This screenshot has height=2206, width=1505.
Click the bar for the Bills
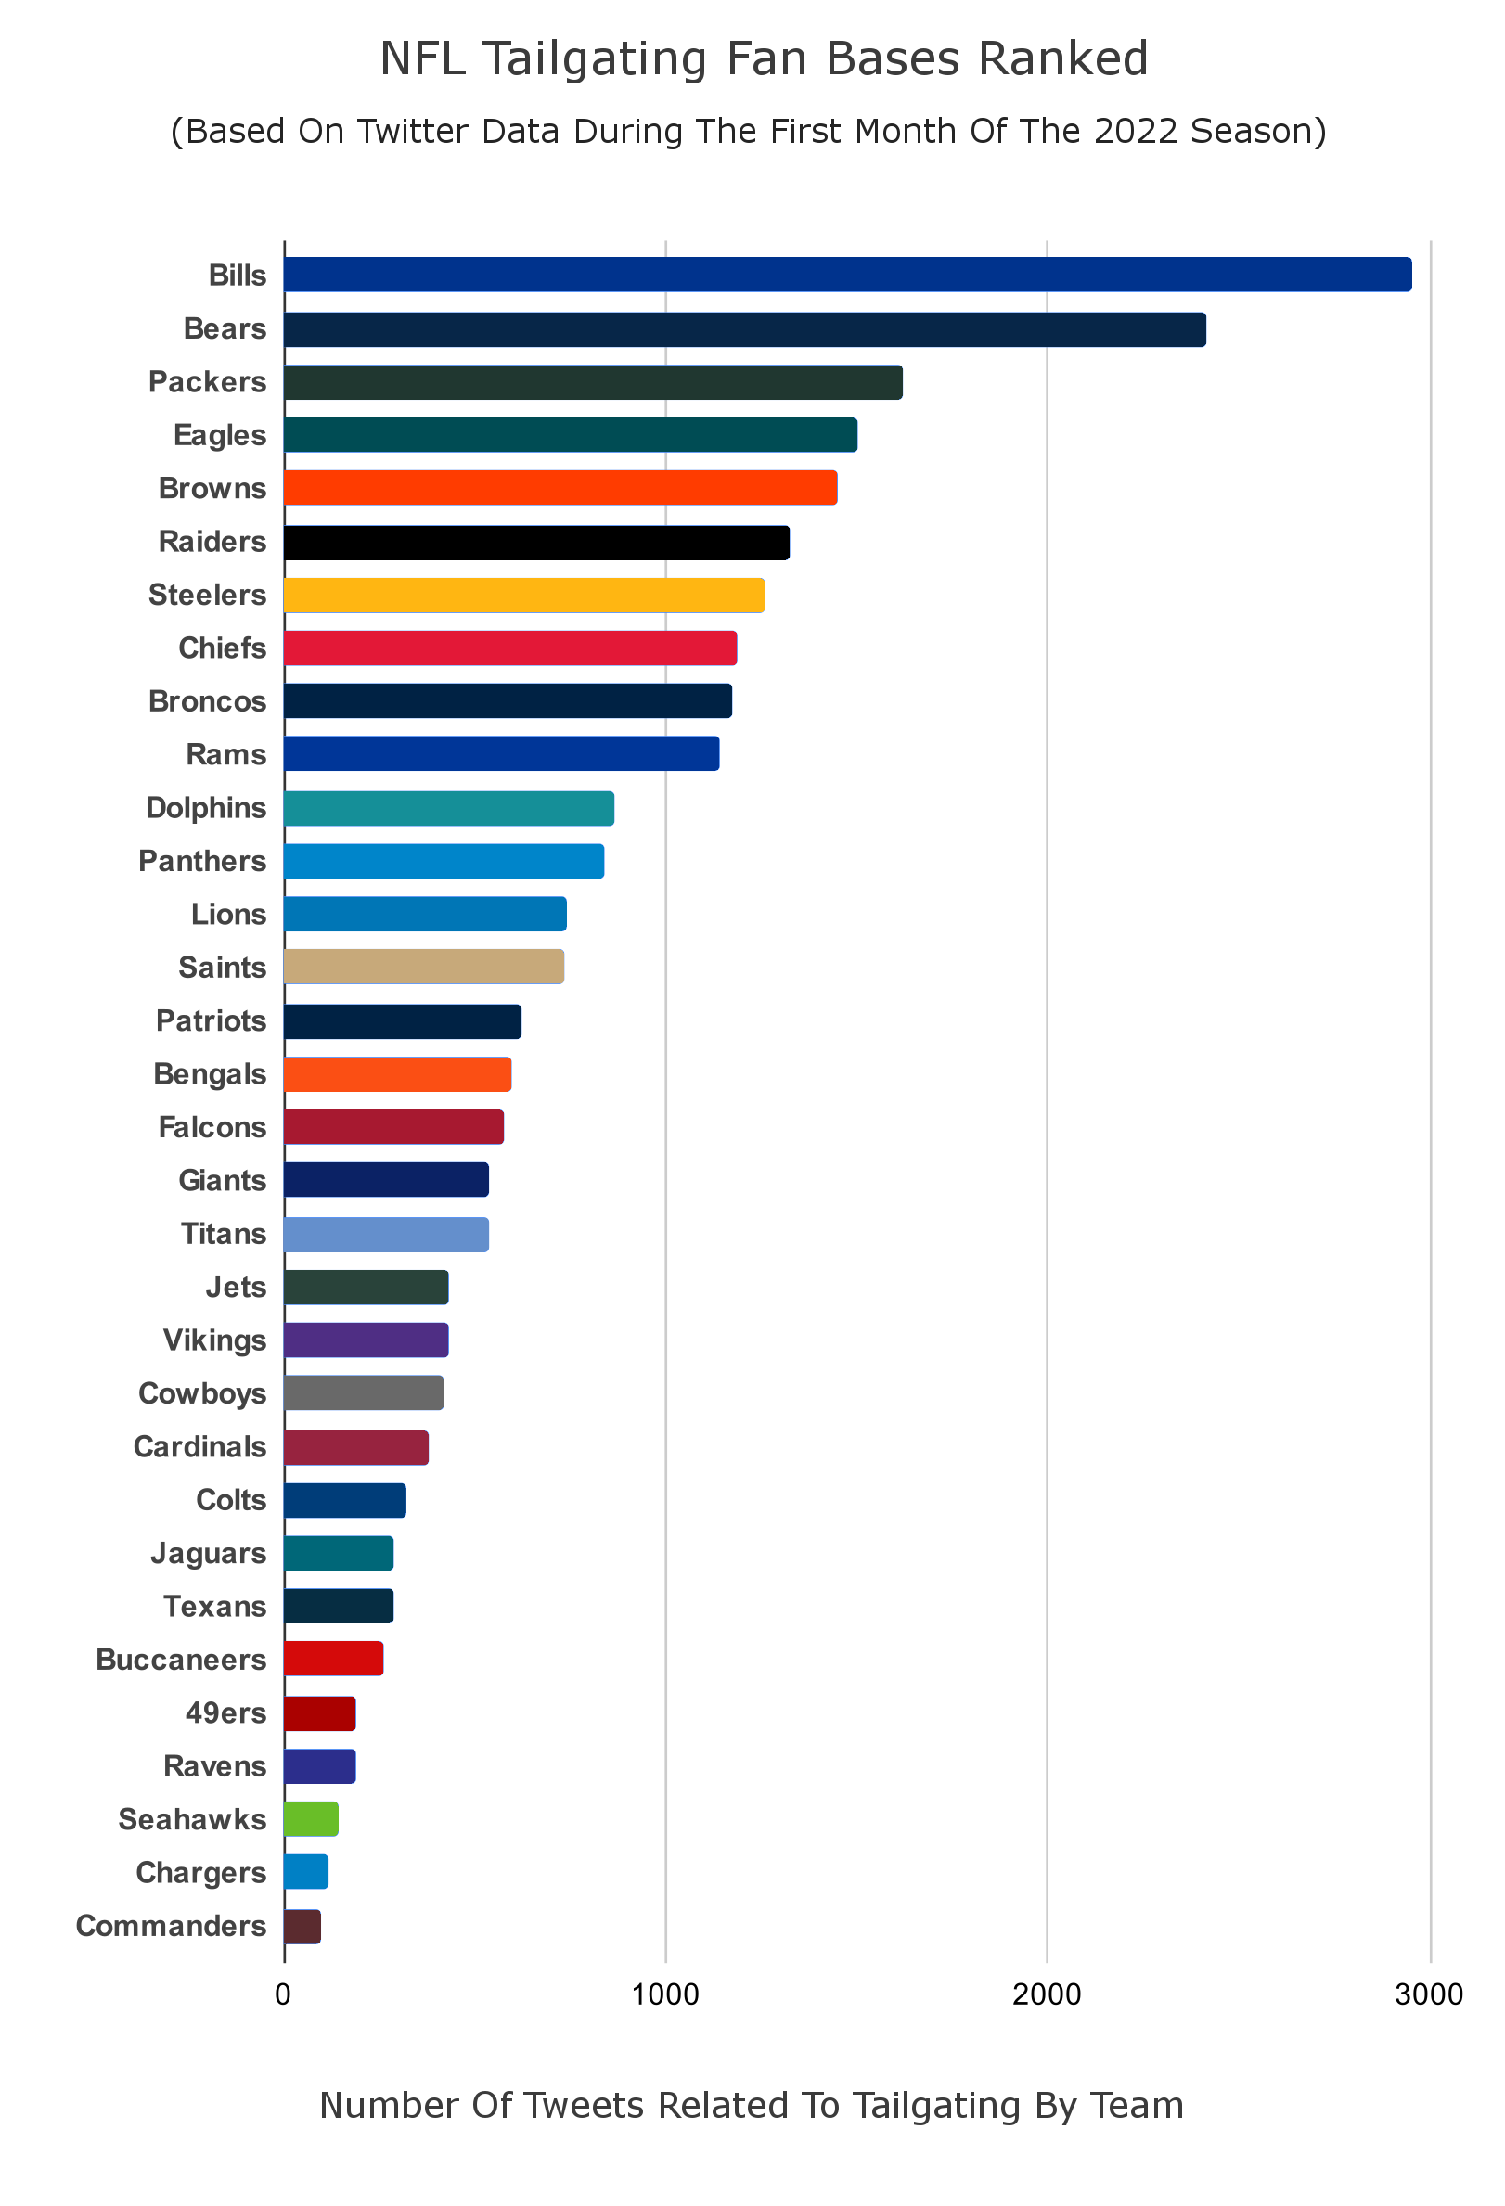847,275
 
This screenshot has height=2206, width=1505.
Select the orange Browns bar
560,488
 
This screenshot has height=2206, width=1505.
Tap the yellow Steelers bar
524,596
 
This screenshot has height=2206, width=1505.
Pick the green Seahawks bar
311,1819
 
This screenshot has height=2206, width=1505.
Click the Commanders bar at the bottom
302,1926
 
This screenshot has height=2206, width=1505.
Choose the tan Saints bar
423,968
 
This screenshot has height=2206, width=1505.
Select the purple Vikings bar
366,1340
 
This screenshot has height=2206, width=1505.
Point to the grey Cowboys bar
364,1393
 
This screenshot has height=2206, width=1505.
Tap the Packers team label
207,381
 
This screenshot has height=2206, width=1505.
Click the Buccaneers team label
180,1660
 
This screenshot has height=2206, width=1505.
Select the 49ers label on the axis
225,1712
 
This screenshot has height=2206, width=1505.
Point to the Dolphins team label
205,808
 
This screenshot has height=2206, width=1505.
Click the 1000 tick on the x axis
664,1994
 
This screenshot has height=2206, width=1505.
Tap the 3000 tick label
1428,1994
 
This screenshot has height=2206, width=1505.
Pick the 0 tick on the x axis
283,1994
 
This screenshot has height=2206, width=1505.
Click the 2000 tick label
1047,1994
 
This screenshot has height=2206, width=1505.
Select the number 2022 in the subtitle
1137,131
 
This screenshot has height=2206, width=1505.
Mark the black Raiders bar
536,542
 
